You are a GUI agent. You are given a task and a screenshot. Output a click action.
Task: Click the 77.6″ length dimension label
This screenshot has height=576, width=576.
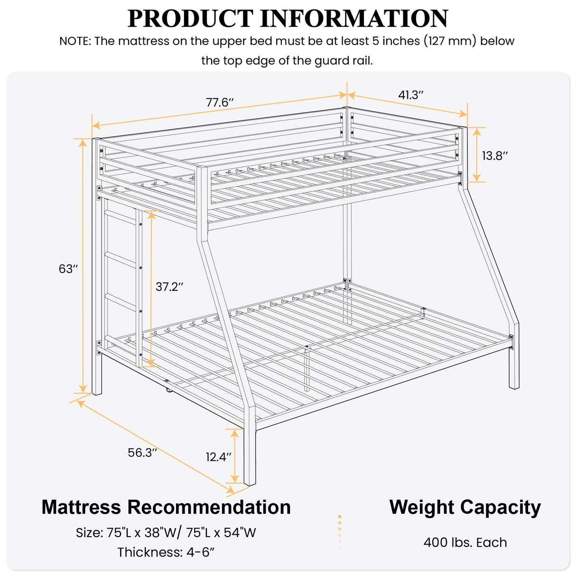tap(220, 102)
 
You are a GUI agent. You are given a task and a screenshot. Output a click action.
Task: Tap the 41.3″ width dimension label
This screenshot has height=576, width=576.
tap(410, 95)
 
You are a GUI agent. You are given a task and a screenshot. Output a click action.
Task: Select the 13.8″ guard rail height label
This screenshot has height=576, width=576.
tap(495, 156)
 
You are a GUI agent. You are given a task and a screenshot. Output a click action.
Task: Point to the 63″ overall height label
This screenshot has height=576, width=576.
tap(68, 269)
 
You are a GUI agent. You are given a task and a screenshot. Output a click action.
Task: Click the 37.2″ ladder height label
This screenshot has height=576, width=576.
tap(169, 287)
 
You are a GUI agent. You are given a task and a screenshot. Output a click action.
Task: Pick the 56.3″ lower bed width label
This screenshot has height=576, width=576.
tap(142, 453)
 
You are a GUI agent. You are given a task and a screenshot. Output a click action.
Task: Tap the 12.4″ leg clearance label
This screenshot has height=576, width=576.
tap(218, 457)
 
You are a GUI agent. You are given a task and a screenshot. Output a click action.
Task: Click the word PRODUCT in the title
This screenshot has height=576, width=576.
tap(190, 19)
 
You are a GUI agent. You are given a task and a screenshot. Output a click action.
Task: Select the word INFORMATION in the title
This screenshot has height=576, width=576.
tap(354, 19)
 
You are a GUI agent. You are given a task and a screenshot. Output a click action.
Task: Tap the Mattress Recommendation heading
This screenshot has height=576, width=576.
tap(166, 507)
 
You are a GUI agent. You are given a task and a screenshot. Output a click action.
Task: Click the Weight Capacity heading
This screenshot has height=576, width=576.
tap(465, 507)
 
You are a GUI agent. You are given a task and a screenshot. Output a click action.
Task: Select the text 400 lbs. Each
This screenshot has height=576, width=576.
tap(465, 542)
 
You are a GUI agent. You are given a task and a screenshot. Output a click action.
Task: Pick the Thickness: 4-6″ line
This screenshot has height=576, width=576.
tap(166, 552)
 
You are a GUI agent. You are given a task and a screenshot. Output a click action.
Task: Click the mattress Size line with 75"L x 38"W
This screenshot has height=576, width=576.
tap(166, 533)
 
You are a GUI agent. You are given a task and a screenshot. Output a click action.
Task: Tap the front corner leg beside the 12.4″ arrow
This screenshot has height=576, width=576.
tap(250, 455)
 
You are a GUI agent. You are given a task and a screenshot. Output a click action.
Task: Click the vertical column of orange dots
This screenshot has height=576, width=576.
tap(340, 532)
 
